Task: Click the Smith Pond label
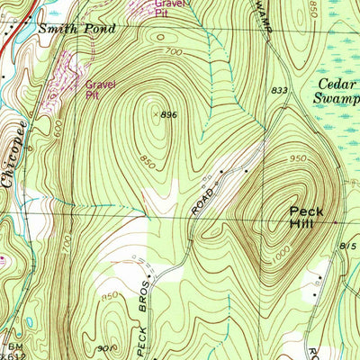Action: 76,29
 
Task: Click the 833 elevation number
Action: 280,91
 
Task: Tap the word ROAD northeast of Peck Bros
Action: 203,202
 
